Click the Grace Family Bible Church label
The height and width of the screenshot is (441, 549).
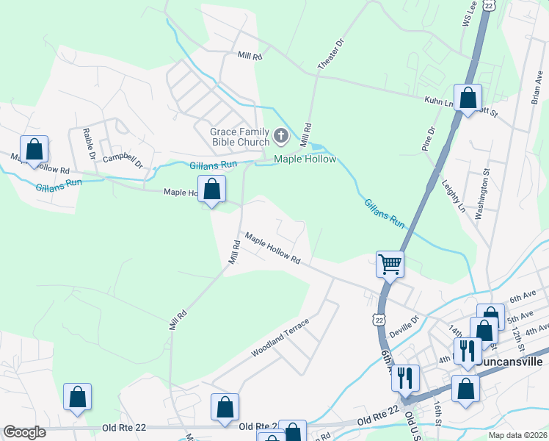click(x=236, y=137)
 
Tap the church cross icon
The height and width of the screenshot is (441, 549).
click(x=280, y=136)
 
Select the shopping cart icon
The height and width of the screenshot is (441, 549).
click(x=390, y=264)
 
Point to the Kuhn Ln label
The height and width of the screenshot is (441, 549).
click(x=437, y=102)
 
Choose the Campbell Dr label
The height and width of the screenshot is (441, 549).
click(x=121, y=158)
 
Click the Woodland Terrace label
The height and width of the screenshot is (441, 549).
click(x=280, y=339)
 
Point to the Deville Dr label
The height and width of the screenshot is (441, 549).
click(x=404, y=324)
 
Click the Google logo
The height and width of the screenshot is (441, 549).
click(x=24, y=432)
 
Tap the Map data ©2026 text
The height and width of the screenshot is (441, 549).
click(x=517, y=434)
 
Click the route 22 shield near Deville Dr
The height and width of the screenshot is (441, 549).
click(x=378, y=320)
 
